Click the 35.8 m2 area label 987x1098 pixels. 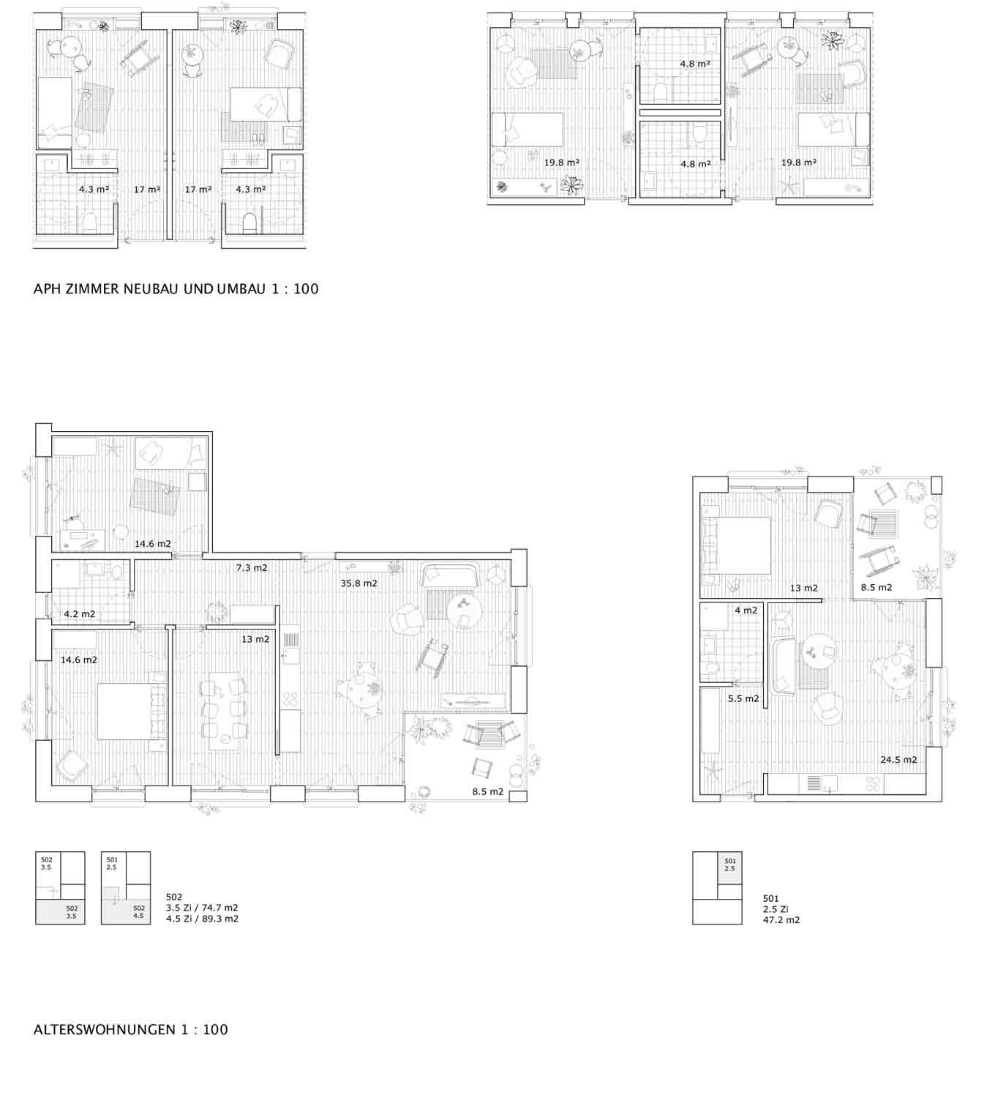pos(359,583)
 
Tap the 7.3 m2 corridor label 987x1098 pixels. pos(251,567)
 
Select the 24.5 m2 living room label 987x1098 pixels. pos(898,760)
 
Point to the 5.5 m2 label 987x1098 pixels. pos(743,699)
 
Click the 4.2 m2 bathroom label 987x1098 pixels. pos(79,614)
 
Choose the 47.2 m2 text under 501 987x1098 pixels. pos(781,919)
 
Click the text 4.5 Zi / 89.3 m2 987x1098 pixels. pos(202,919)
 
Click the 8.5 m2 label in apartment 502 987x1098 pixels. pos(487,791)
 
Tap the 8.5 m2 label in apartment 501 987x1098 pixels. pos(876,587)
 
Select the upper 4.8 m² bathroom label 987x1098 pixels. pos(695,64)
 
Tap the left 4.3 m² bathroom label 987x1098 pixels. pos(94,189)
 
